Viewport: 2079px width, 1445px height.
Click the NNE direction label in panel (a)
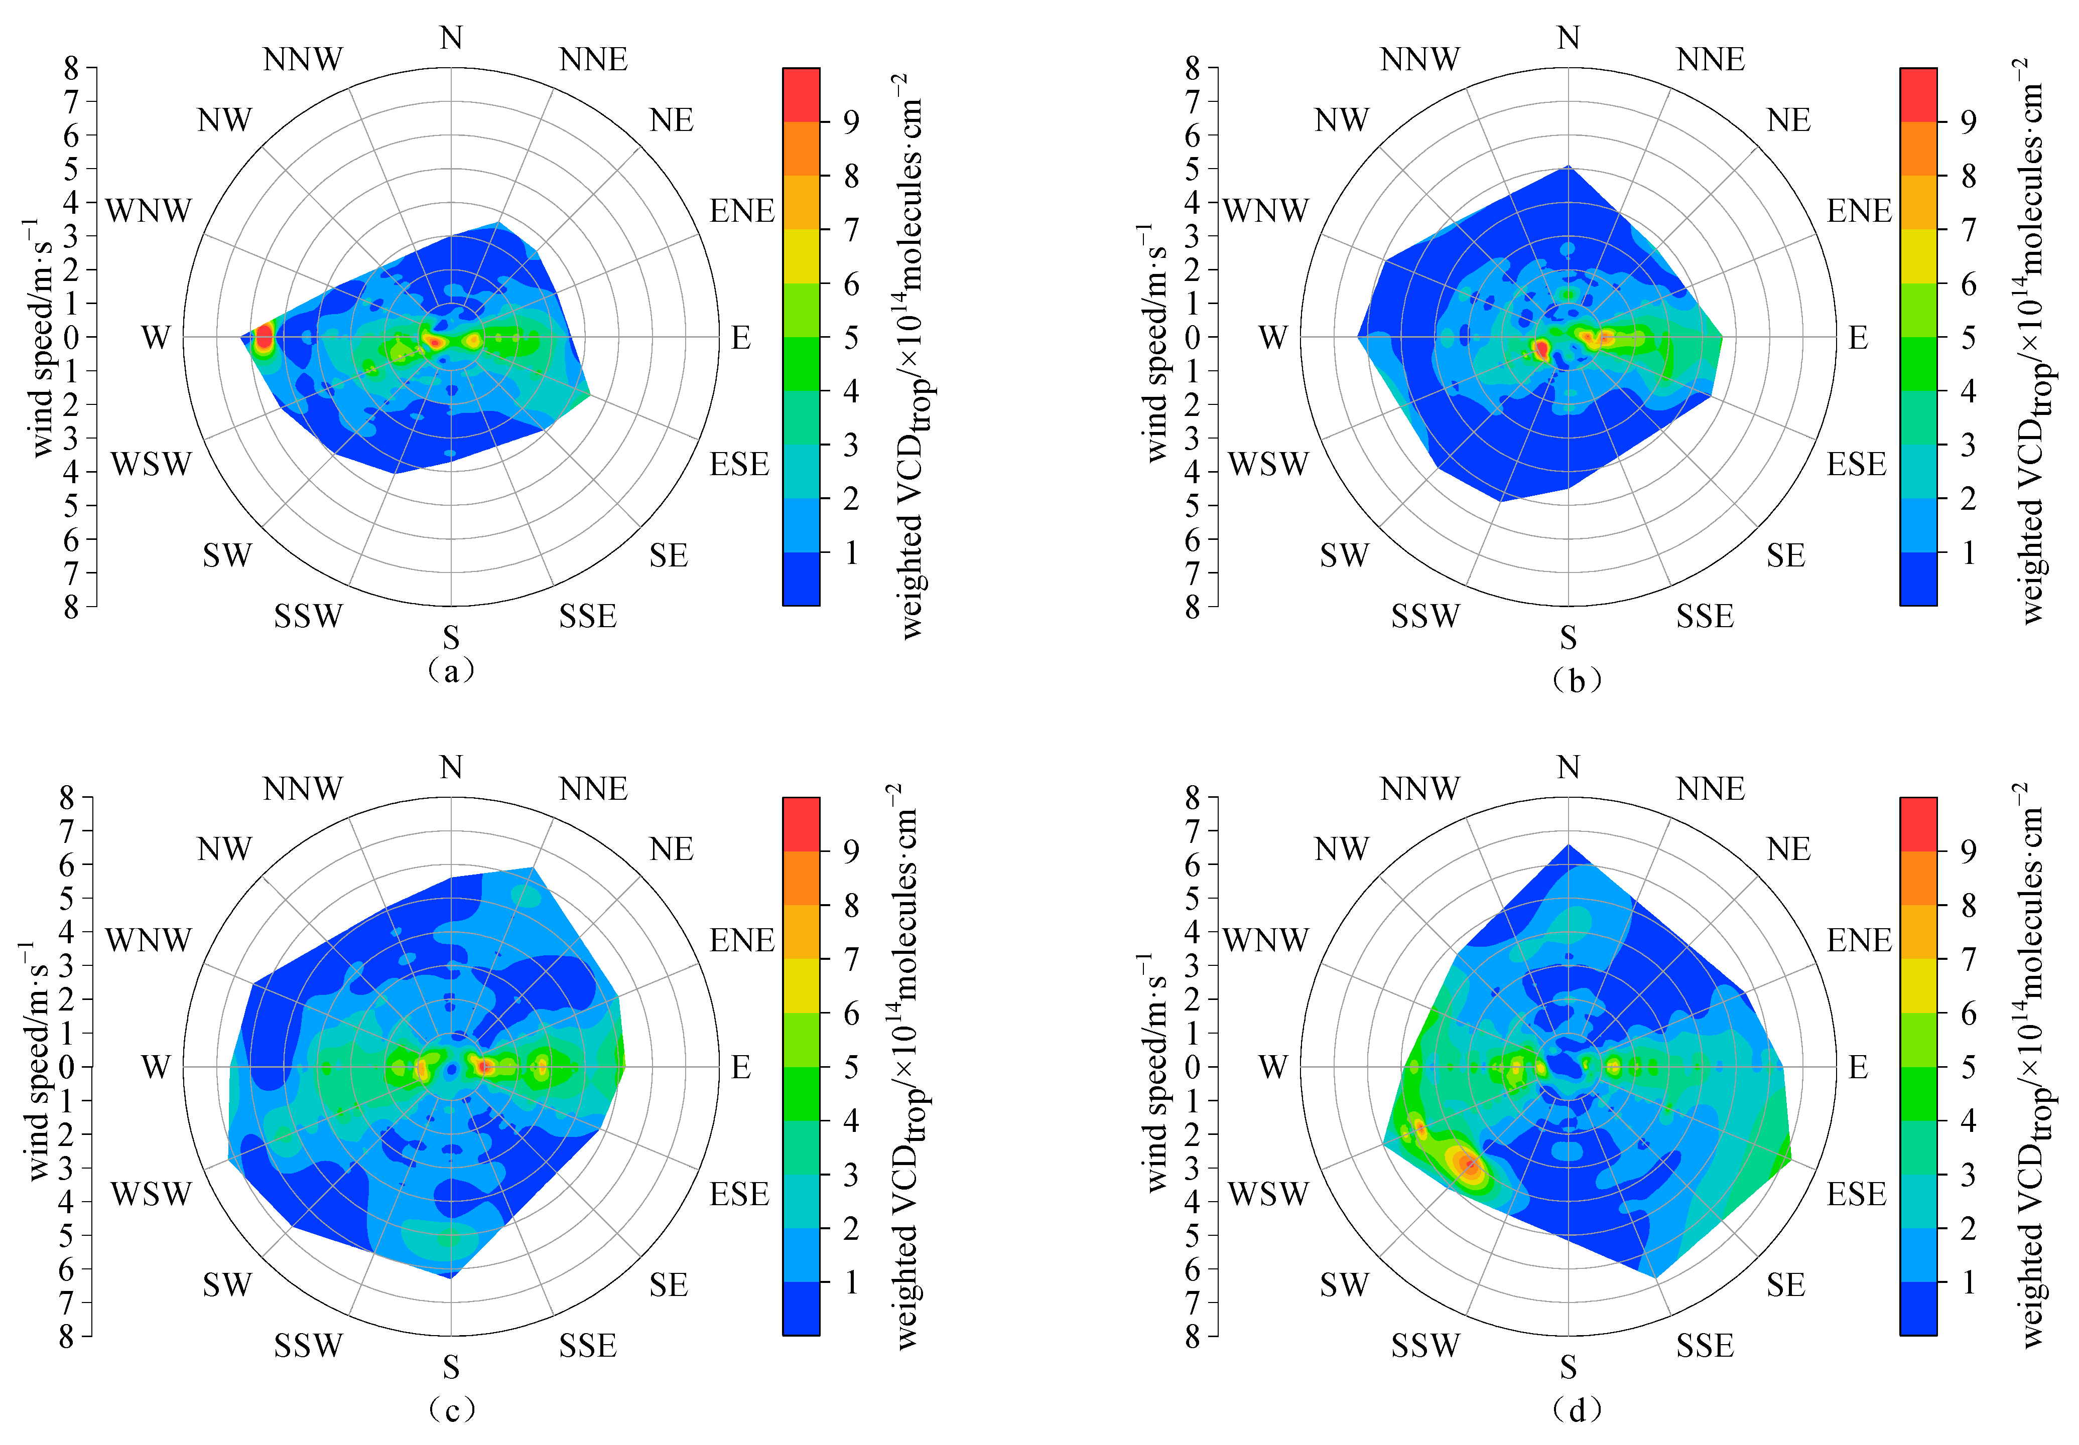pyautogui.click(x=593, y=60)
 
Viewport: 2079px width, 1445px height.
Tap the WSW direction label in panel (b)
pyautogui.click(x=1268, y=465)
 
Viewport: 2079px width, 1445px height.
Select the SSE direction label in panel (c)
pyautogui.click(x=588, y=1346)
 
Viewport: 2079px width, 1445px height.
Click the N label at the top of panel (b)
pyautogui.click(x=1569, y=38)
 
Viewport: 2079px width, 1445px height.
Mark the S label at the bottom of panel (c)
pyautogui.click(x=451, y=1366)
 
